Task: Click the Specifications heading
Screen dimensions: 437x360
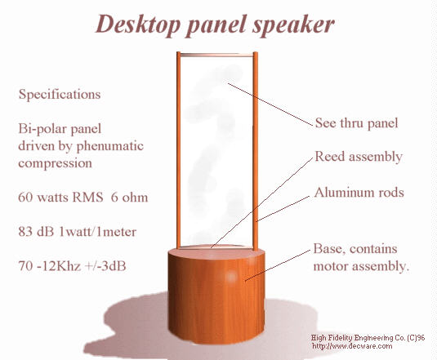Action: point(60,95)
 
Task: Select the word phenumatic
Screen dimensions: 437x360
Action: point(109,146)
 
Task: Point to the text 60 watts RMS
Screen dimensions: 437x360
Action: point(60,197)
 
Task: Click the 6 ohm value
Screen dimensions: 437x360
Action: point(129,197)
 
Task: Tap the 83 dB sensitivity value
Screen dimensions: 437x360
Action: point(36,232)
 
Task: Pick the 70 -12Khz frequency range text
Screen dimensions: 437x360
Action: point(50,266)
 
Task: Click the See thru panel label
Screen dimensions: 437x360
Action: point(356,123)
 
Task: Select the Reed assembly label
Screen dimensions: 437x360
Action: point(359,157)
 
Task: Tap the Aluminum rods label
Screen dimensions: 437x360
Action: point(359,193)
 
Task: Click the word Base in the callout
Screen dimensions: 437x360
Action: point(328,249)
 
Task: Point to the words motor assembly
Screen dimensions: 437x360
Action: point(361,266)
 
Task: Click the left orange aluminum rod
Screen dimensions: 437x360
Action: point(179,151)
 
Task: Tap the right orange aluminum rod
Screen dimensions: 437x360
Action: point(256,151)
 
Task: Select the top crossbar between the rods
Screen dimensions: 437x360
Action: point(216,55)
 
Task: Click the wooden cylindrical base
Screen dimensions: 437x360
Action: point(216,296)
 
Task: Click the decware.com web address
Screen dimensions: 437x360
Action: point(352,346)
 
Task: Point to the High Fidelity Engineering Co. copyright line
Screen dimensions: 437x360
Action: point(368,338)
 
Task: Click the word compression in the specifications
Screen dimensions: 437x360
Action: point(55,163)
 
